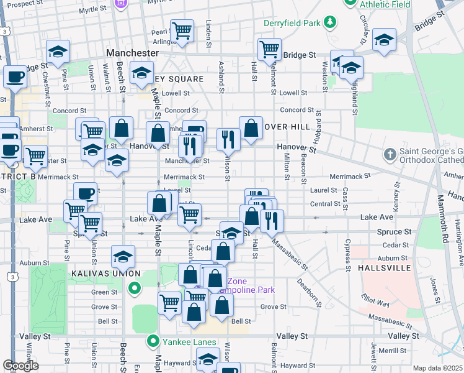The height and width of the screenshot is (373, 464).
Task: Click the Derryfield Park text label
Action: click(292, 24)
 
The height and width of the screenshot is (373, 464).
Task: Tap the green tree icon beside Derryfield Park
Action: click(331, 24)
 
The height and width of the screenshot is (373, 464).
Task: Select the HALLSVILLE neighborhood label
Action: click(384, 268)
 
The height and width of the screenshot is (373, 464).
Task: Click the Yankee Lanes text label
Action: click(189, 341)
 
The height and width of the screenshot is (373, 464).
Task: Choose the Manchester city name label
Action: click(132, 53)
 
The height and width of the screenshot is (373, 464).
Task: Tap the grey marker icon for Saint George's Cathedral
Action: click(390, 154)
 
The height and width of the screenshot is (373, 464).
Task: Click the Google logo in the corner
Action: click(20, 366)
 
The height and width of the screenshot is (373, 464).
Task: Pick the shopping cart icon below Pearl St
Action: click(182, 30)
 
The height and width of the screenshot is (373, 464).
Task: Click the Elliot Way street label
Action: click(375, 304)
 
